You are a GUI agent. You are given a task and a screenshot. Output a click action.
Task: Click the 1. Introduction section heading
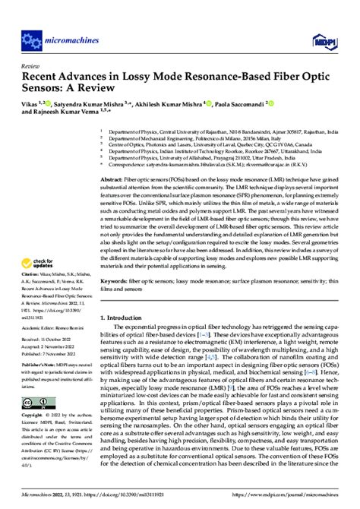[x=127, y=339]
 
